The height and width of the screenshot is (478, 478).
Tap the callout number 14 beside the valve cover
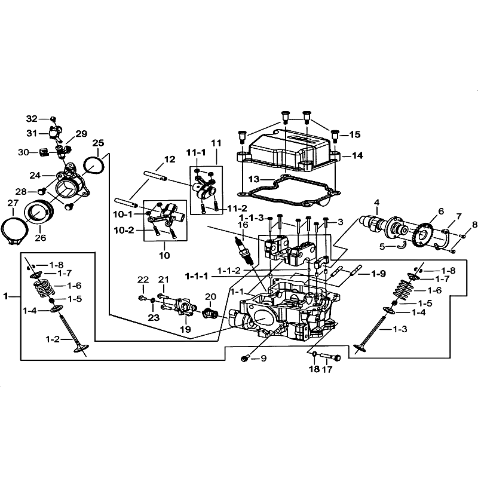pyautogui.click(x=357, y=156)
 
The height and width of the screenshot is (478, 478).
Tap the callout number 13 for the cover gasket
pyautogui.click(x=253, y=179)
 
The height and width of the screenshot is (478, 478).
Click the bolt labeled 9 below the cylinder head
pyautogui.click(x=245, y=358)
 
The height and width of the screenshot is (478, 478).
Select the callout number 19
pyautogui.click(x=185, y=329)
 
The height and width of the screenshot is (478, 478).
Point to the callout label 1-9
pyautogui.click(x=378, y=274)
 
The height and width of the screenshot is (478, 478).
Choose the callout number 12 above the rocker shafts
pyautogui.click(x=170, y=159)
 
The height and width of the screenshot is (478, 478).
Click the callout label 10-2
pyautogui.click(x=124, y=230)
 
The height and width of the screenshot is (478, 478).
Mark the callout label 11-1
pyautogui.click(x=196, y=153)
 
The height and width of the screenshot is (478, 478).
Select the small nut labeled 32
pyautogui.click(x=53, y=118)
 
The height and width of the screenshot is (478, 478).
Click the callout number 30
pyautogui.click(x=23, y=152)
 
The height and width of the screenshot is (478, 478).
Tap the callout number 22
pyautogui.click(x=143, y=280)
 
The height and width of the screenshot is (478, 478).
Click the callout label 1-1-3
pyautogui.click(x=252, y=218)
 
